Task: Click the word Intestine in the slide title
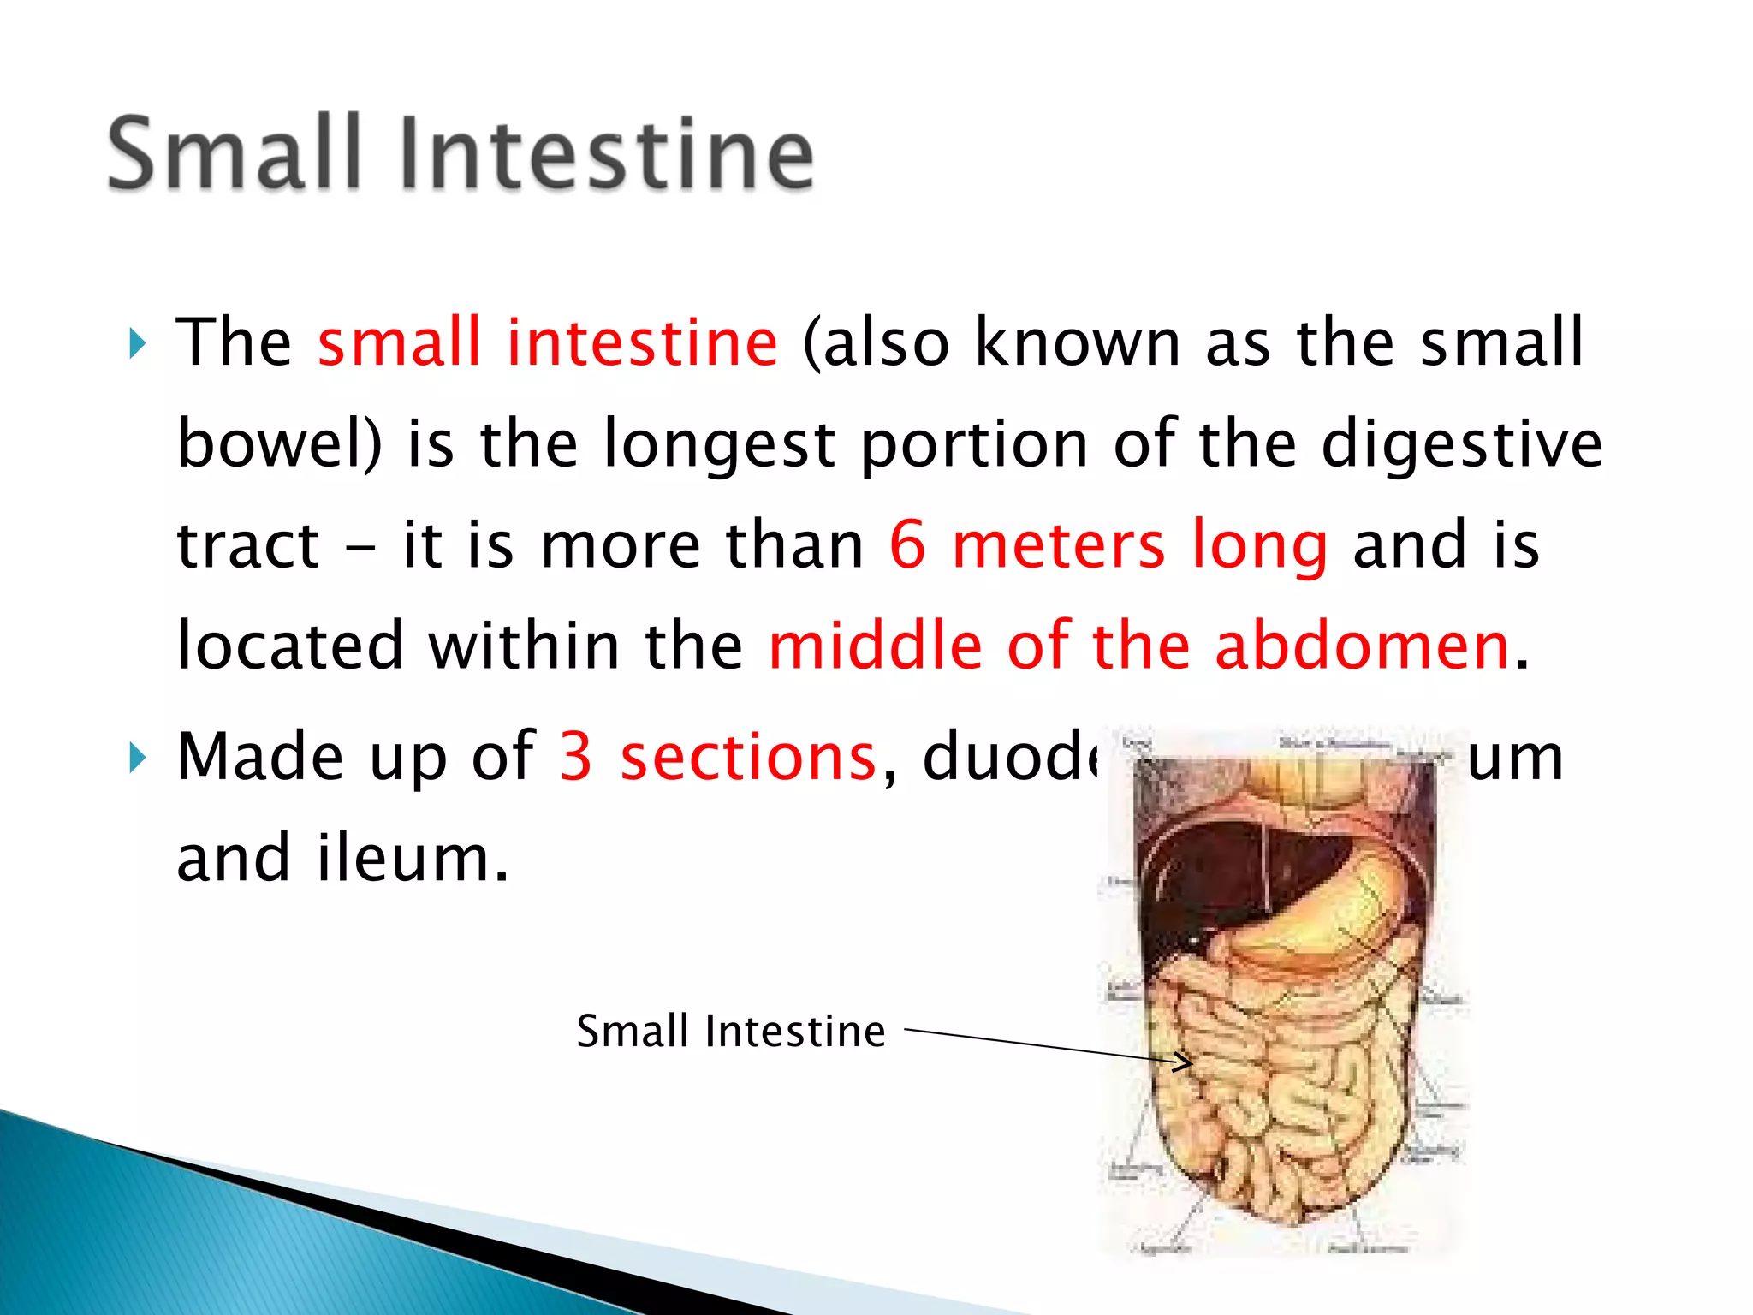606,154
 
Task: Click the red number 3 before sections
576,758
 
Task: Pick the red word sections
748,758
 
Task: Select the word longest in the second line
719,445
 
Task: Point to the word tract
248,545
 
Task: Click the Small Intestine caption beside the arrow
730,1031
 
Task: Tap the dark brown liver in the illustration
1198,882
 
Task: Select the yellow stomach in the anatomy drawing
1335,907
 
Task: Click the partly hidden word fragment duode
1010,758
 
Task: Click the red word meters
1058,545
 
